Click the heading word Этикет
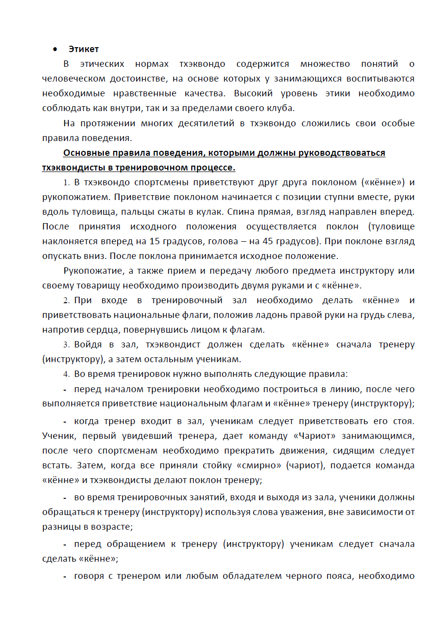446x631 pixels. point(84,49)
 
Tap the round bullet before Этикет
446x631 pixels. point(55,49)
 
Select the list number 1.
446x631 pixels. point(66,183)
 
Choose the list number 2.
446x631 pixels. point(66,301)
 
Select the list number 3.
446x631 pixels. point(66,345)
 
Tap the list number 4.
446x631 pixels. point(66,374)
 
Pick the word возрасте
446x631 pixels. point(112,527)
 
